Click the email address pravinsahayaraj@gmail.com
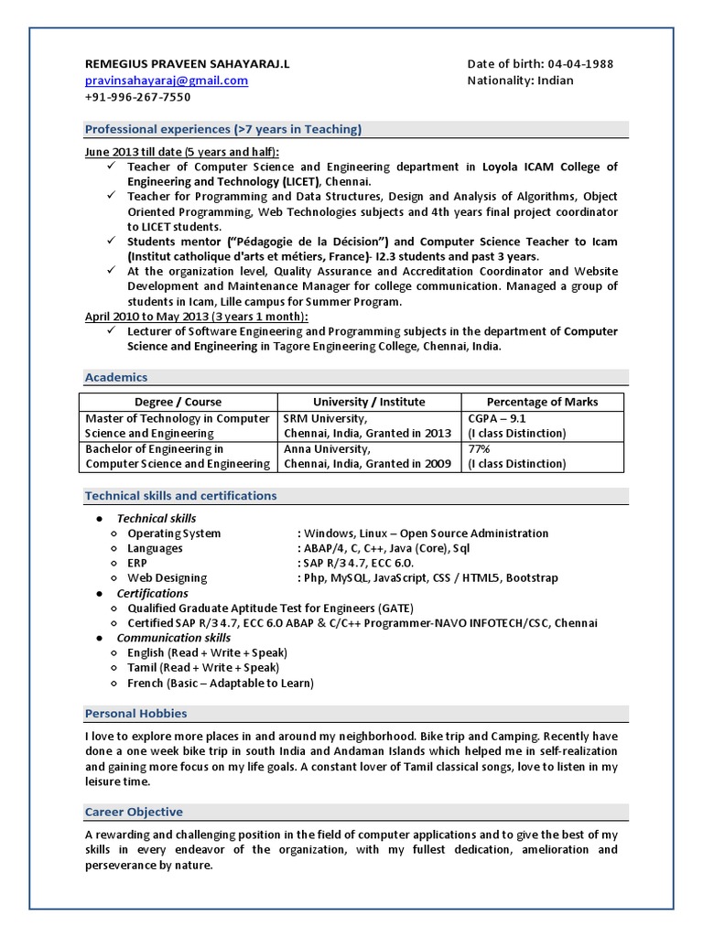[x=166, y=81]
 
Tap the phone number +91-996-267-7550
[x=137, y=97]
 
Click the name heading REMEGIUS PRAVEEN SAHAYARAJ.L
[x=186, y=64]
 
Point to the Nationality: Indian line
[x=520, y=81]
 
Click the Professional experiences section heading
[x=222, y=129]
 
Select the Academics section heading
[x=116, y=377]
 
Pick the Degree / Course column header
[x=178, y=402]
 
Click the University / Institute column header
[x=369, y=402]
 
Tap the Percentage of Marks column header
[x=542, y=402]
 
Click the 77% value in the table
[x=479, y=449]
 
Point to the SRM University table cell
[x=368, y=425]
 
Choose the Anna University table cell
[x=368, y=457]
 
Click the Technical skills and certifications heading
[x=180, y=496]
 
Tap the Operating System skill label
[x=174, y=533]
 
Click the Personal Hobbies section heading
[x=135, y=713]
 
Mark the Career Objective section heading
[x=134, y=812]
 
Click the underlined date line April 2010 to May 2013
[x=197, y=317]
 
